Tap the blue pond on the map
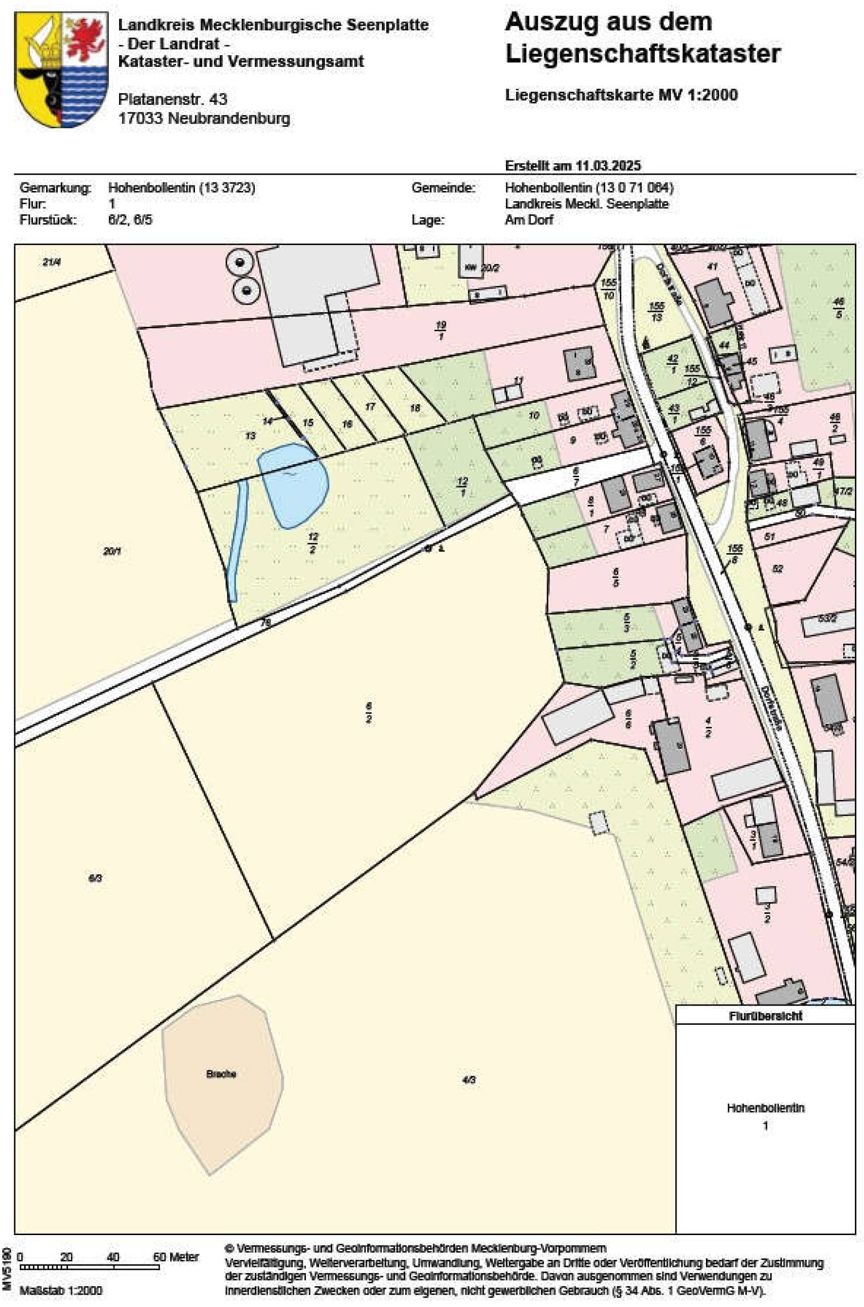click(x=293, y=484)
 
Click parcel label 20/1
click(x=112, y=551)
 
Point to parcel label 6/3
click(x=95, y=878)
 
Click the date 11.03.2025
click(x=608, y=166)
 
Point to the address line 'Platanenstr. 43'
click(x=173, y=99)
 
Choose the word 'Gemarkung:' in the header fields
click(x=55, y=188)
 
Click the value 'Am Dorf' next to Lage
click(x=528, y=220)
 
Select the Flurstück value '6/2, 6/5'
click(x=130, y=220)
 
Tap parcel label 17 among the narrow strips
click(x=370, y=407)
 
